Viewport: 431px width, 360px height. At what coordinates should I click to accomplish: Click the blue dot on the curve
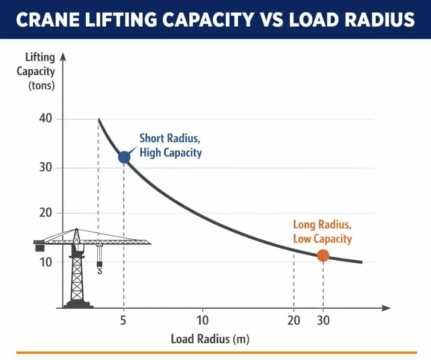coord(124,157)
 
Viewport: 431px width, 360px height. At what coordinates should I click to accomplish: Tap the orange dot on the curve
coord(323,255)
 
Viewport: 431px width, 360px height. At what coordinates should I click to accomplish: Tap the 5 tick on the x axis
coord(123,320)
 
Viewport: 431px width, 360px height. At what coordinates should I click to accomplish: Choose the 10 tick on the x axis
coord(202,320)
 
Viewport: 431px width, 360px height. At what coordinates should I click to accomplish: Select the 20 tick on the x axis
coord(294,320)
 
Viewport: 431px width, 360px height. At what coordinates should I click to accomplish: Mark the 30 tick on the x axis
coord(323,320)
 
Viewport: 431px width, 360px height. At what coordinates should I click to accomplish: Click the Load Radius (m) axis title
coord(210,339)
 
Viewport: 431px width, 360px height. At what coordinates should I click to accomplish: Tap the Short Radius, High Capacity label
coord(170,145)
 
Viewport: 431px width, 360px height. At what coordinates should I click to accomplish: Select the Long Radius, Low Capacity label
coord(322,232)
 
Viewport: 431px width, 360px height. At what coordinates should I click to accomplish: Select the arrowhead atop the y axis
coord(63,56)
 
